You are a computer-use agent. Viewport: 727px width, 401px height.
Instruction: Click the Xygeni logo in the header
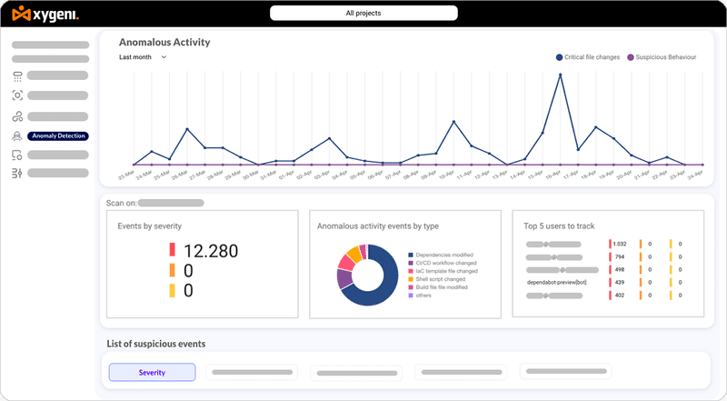point(45,14)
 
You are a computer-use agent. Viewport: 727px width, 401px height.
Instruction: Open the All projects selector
point(363,14)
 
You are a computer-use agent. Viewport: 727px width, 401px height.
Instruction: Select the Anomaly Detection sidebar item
point(57,135)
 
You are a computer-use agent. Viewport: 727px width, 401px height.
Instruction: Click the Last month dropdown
point(143,57)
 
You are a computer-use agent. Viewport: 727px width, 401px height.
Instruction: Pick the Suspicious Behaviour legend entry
point(665,57)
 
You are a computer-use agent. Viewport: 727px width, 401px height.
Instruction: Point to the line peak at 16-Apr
point(559,75)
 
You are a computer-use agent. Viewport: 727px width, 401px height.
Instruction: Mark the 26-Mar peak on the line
point(186,129)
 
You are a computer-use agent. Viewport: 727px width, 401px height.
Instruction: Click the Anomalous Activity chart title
point(164,42)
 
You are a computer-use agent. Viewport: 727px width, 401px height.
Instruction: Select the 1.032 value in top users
point(620,244)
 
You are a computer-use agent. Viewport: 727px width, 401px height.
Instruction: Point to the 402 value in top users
point(620,295)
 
